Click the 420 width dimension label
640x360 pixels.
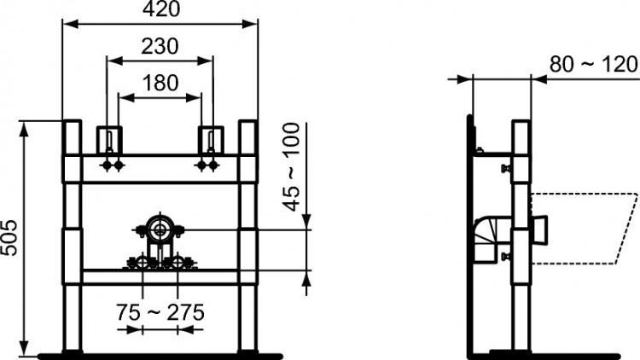pyautogui.click(x=160, y=11)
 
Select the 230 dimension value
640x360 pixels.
pyautogui.click(x=160, y=47)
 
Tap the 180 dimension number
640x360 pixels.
pyautogui.click(x=160, y=83)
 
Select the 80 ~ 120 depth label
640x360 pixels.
pyautogui.click(x=593, y=64)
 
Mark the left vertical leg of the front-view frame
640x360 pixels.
pyautogui.click(x=73, y=239)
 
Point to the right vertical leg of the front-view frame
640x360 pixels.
pyautogui.click(x=247, y=239)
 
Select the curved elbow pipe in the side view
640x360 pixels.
pyautogui.click(x=486, y=235)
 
